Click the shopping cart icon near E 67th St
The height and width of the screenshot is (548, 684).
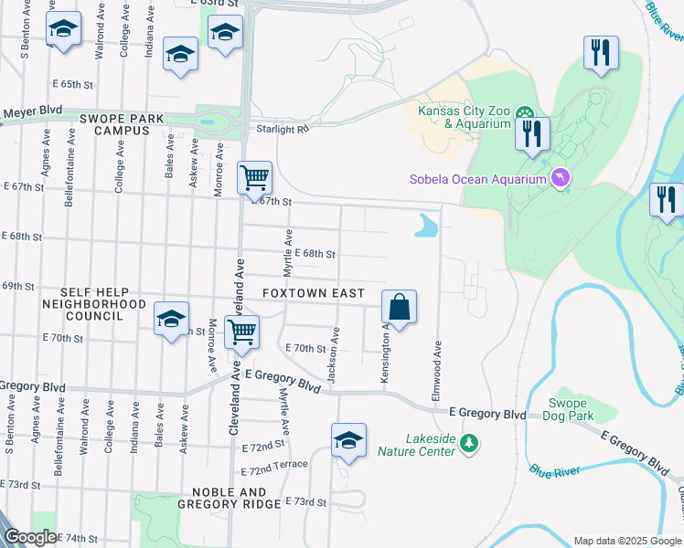[255, 175]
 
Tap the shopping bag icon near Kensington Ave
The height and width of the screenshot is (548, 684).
[399, 305]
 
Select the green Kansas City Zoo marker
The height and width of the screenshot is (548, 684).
[525, 114]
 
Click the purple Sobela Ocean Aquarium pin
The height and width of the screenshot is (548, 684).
[561, 179]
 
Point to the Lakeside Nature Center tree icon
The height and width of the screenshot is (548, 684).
[469, 443]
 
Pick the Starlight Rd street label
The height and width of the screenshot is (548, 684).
[283, 130]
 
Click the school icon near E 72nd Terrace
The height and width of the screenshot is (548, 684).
[348, 439]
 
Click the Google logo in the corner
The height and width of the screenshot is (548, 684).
[30, 539]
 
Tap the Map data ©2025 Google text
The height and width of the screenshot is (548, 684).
[626, 541]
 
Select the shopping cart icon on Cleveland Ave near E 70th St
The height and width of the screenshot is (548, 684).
[242, 332]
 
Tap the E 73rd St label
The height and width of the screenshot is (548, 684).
[305, 502]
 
